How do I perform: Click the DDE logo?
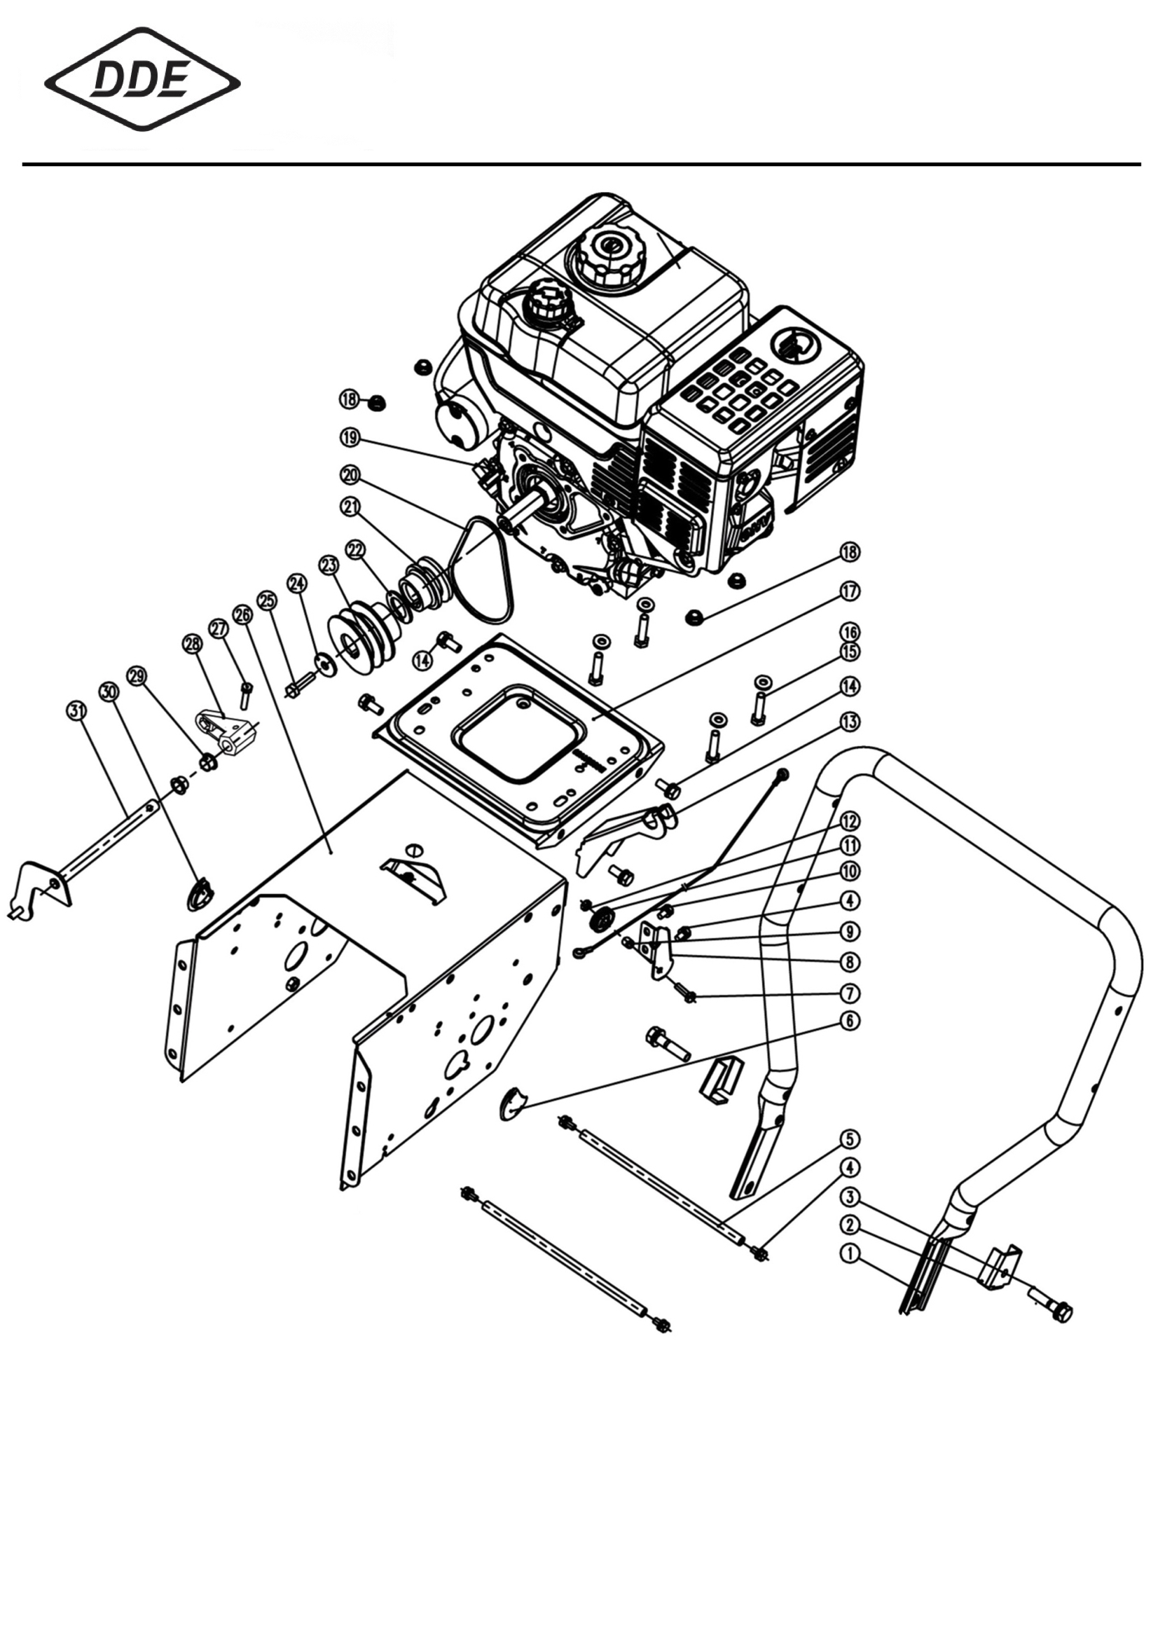(x=142, y=79)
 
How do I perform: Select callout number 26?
(x=242, y=614)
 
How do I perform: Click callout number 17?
(x=850, y=591)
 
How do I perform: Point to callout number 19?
(x=350, y=437)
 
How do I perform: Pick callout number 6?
(x=849, y=1021)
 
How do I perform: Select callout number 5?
(x=849, y=1138)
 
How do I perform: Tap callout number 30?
(x=108, y=691)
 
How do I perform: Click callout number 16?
(x=850, y=632)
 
